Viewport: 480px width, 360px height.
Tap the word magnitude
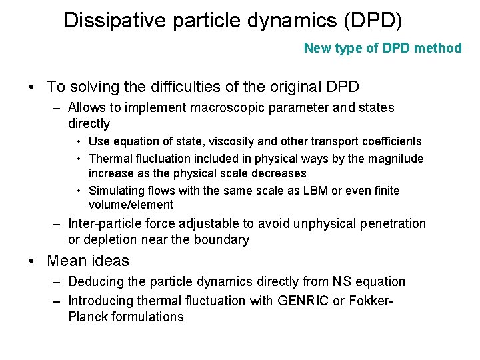point(393,159)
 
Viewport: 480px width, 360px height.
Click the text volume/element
point(131,205)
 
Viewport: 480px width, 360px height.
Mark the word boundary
point(223,239)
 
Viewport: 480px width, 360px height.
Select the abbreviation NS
point(340,282)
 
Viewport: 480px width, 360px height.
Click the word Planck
point(88,317)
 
